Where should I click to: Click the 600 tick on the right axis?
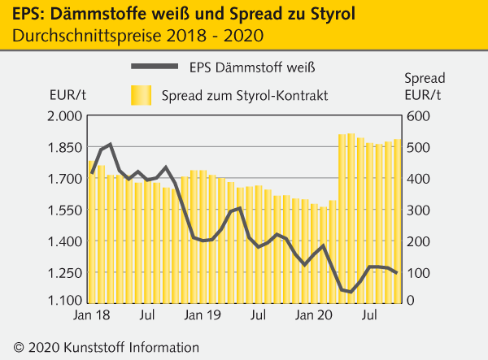(x=416, y=116)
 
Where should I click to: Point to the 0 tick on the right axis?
(x=411, y=301)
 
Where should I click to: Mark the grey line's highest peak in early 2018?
(x=110, y=145)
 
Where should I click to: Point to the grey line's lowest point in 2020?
(x=351, y=292)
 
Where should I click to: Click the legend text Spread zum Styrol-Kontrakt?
(x=245, y=96)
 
